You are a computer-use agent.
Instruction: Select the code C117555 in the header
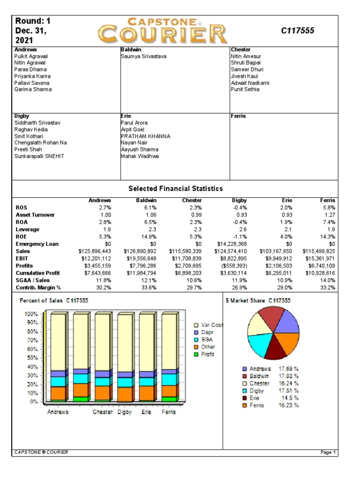298,31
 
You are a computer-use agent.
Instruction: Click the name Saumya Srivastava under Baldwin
143,56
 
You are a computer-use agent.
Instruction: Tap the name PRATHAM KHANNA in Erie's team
145,136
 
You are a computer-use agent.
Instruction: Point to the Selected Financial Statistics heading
175,188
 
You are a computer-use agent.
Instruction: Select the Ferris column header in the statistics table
328,200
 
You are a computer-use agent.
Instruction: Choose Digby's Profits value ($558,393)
231,266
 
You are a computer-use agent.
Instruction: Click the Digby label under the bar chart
124,412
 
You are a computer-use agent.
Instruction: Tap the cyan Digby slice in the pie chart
260,345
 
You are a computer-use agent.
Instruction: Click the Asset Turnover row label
35,215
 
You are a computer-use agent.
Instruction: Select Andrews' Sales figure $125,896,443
95,251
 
